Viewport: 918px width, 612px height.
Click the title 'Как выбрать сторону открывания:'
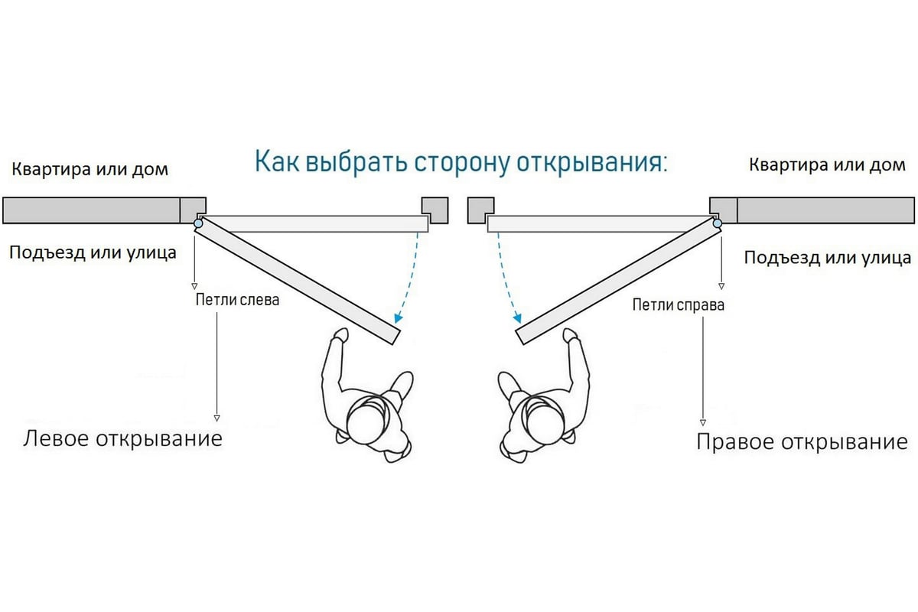461,163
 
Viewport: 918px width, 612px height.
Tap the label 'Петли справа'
678,305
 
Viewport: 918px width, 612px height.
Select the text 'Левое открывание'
123,439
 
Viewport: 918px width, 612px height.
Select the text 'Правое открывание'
802,442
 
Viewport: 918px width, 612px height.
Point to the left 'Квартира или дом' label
90,169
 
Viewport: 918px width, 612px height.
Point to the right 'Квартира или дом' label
827,165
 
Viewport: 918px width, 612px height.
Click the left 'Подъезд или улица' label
93,252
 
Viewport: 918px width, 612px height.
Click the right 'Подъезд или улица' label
828,258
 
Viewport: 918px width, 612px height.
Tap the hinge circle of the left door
199,223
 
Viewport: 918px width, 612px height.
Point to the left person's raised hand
340,335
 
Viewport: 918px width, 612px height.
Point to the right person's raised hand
571,335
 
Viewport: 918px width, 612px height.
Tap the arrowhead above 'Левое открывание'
216,418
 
